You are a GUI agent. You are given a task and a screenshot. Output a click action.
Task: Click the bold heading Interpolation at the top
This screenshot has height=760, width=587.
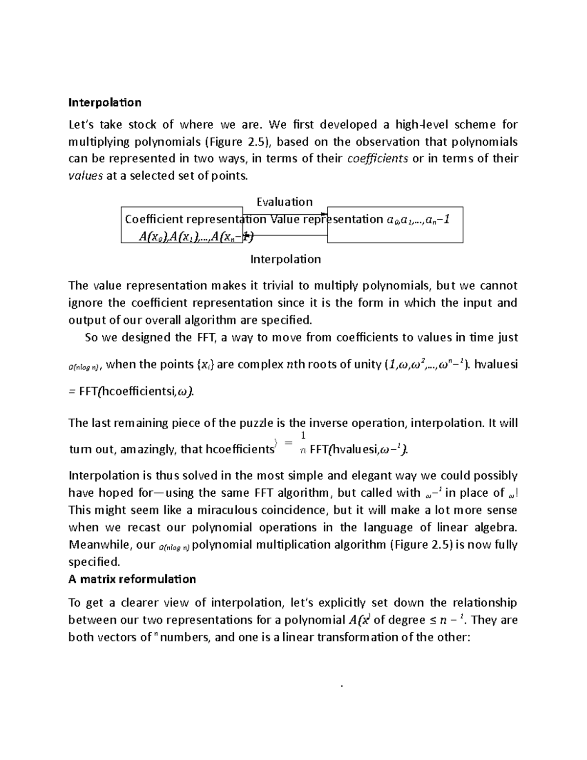pyautogui.click(x=105, y=103)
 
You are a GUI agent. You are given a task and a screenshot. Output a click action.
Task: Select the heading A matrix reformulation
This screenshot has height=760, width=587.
pyautogui.click(x=132, y=579)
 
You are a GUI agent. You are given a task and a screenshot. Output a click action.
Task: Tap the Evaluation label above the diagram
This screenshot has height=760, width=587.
pyautogui.click(x=284, y=202)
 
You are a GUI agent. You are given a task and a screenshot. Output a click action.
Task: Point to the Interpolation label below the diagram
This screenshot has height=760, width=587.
pyautogui.click(x=286, y=259)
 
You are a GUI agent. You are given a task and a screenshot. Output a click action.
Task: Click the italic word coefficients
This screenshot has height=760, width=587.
pyautogui.click(x=377, y=159)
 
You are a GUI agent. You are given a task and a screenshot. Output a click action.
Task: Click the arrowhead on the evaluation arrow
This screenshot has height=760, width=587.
pyautogui.click(x=324, y=214)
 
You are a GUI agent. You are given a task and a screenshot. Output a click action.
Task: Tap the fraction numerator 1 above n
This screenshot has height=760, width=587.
pyautogui.click(x=303, y=435)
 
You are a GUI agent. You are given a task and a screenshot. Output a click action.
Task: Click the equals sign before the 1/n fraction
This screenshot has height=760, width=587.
pyautogui.click(x=288, y=443)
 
